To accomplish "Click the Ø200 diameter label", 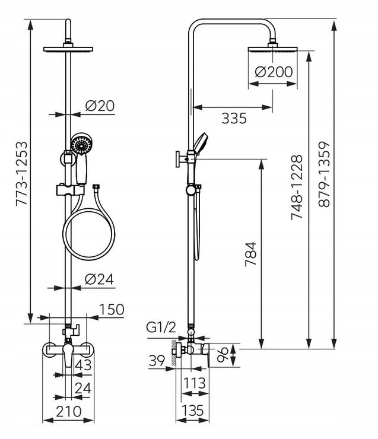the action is tap(274, 72).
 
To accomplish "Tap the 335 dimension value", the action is tap(234, 118).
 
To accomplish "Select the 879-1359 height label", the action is tap(324, 174).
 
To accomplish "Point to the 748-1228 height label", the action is tap(297, 187).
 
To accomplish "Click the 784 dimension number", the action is tap(250, 254).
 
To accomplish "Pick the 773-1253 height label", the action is tap(21, 174).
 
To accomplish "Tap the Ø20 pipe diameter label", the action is tap(100, 106).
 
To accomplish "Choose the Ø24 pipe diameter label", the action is tap(100, 279).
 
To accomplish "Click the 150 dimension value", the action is tap(112, 309).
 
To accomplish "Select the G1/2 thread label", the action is tap(161, 327).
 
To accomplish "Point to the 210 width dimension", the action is tap(69, 411).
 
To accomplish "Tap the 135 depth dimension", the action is tap(193, 411).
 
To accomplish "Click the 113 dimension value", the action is tap(194, 383).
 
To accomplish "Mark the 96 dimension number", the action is tap(223, 355).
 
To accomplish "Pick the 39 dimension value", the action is tap(157, 361).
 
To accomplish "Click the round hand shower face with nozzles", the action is tap(82, 145).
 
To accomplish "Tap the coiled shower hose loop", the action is tap(89, 234).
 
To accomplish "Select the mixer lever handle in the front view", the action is tap(68, 354).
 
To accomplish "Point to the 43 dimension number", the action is tap(83, 365).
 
